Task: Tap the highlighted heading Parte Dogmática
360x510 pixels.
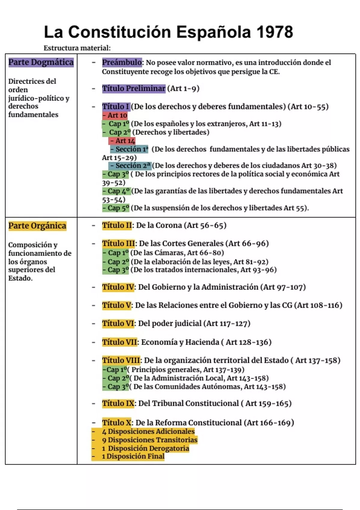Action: (x=41, y=62)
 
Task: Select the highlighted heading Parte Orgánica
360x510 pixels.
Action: (x=37, y=226)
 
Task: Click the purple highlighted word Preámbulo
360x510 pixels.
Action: (x=122, y=62)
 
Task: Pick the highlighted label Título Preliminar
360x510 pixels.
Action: (x=133, y=88)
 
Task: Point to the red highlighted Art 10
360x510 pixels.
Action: (x=115, y=115)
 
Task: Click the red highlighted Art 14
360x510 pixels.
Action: (x=122, y=141)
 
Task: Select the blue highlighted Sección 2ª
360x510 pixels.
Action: (x=130, y=166)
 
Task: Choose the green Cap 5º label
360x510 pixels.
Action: (x=116, y=208)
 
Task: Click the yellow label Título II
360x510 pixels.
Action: (x=117, y=225)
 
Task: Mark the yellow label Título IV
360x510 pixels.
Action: (x=118, y=287)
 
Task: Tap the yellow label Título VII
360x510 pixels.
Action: (x=120, y=342)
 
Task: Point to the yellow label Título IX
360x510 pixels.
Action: (x=118, y=403)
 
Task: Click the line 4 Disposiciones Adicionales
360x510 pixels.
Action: (x=148, y=431)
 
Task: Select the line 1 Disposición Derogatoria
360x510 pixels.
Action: (x=145, y=448)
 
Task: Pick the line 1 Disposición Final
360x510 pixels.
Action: (x=133, y=456)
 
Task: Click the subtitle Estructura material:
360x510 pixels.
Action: (x=77, y=48)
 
